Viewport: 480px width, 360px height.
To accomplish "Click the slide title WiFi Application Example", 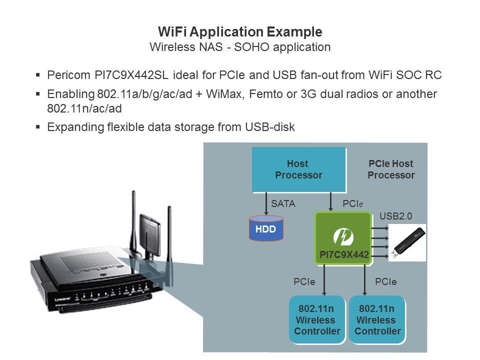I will coord(240,32).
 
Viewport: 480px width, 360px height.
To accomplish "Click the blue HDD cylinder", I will coord(266,228).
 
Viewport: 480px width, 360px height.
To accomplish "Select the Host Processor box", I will coord(298,169).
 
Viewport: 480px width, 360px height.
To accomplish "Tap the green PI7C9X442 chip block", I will coord(343,237).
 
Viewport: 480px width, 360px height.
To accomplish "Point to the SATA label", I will coord(283,204).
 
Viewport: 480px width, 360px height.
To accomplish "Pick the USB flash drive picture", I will coord(407,242).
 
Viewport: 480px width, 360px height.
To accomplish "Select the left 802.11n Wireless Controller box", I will coord(317,320).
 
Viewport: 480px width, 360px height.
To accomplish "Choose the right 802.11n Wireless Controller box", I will coord(377,320).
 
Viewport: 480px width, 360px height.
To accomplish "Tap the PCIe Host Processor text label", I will coord(391,169).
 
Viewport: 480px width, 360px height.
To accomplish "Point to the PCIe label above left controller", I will coord(304,282).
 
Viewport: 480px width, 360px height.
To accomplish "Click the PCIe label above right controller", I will coord(385,282).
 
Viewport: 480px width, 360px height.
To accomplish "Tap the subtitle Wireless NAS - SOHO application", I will coord(240,47).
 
